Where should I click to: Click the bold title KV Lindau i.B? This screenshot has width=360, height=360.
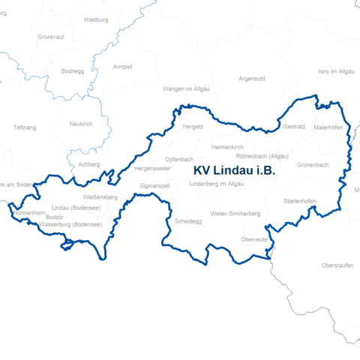(234, 171)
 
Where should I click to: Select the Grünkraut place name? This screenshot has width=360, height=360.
(50, 36)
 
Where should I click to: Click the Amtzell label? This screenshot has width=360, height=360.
(122, 67)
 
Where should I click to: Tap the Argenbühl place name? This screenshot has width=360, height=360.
(252, 78)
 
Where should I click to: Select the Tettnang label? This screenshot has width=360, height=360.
(25, 127)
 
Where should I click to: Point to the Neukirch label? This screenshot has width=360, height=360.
(81, 124)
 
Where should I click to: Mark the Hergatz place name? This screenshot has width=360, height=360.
(193, 127)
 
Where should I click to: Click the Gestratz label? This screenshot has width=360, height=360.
(294, 127)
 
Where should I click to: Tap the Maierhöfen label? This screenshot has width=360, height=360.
(328, 127)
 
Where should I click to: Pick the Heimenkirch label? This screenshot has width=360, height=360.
(229, 147)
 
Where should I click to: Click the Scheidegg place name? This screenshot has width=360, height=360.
(187, 222)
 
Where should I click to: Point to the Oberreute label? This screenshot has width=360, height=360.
(254, 238)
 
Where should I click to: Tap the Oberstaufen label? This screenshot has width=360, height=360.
(337, 266)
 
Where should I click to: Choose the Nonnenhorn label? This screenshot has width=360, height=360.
(29, 213)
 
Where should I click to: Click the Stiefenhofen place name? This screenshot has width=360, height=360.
(300, 202)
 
